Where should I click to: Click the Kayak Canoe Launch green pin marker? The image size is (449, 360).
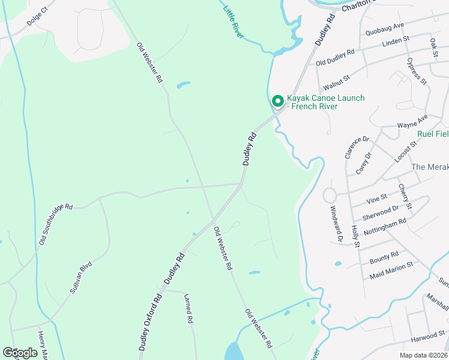click(277, 101)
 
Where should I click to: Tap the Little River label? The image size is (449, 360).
click(233, 21)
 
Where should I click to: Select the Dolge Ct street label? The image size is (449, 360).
click(37, 17)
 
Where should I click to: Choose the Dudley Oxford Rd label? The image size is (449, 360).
click(151, 321)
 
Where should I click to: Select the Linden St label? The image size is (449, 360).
click(396, 41)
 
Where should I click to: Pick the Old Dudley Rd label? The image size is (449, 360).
click(335, 57)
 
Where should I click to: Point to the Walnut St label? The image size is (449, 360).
click(336, 77)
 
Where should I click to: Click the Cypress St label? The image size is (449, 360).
click(416, 71)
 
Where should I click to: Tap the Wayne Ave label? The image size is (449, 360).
click(412, 121)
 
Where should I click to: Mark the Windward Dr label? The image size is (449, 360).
click(336, 224)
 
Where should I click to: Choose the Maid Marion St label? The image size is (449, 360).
click(391, 269)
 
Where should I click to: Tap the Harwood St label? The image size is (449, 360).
click(428, 333)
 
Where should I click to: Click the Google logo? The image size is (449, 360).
click(20, 353)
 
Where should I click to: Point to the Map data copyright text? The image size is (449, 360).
click(423, 355)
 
